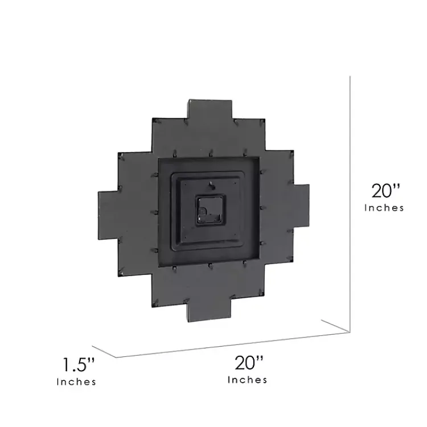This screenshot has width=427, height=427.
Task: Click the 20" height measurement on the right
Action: pyautogui.click(x=387, y=190)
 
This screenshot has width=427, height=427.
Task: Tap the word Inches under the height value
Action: pyautogui.click(x=384, y=208)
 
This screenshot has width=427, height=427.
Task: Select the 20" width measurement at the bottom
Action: pyautogui.click(x=249, y=362)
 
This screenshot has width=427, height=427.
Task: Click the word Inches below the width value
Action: pyautogui.click(x=248, y=380)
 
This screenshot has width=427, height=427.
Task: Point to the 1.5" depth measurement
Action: pyautogui.click(x=78, y=364)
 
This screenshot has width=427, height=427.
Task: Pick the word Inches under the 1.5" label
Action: pyautogui.click(x=76, y=382)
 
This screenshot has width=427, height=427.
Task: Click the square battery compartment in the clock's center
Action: pyautogui.click(x=210, y=211)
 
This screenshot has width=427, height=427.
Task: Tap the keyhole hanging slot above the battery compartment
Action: pyautogui.click(x=211, y=184)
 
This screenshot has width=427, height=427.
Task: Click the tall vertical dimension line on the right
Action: pyautogui.click(x=349, y=199)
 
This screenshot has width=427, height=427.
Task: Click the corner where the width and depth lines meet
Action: pyautogui.click(x=118, y=358)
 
